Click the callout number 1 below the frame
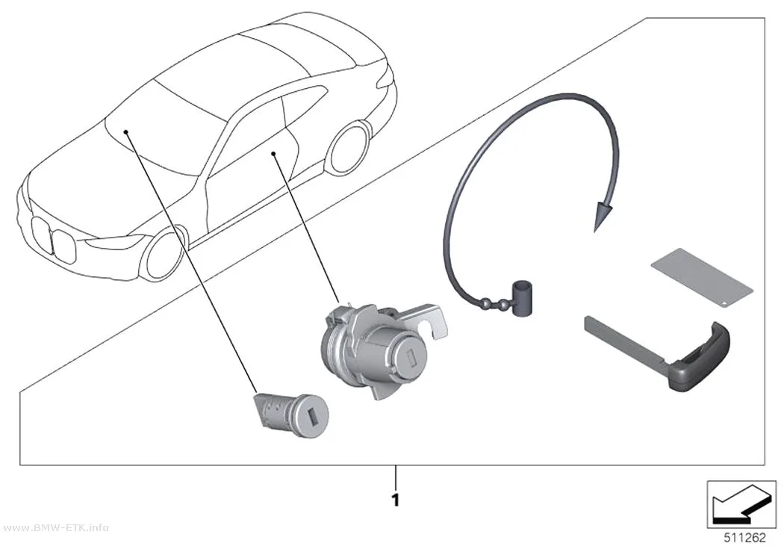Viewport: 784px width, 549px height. click(x=396, y=500)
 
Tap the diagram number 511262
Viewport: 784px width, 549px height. click(x=745, y=538)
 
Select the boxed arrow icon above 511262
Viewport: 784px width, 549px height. click(x=741, y=504)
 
